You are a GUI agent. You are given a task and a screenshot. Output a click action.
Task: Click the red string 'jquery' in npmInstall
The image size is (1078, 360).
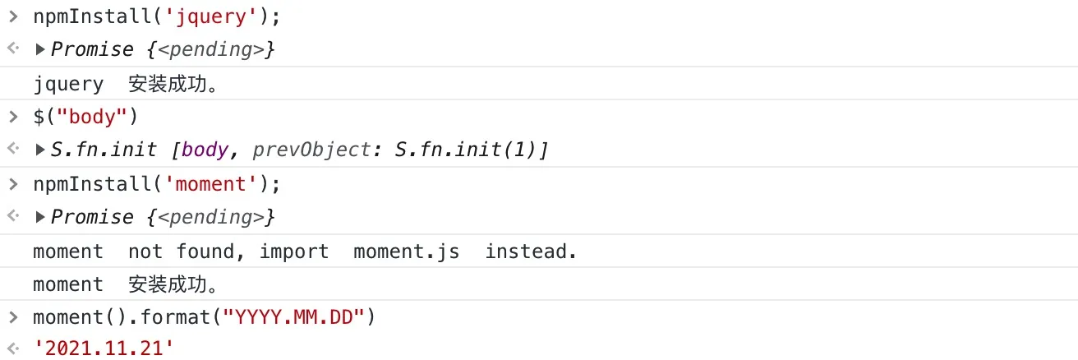pyautogui.click(x=211, y=17)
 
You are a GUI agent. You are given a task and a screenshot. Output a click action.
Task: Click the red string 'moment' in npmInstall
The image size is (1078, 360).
pyautogui.click(x=211, y=184)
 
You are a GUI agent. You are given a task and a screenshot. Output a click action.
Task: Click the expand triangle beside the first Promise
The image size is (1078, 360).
pyautogui.click(x=40, y=49)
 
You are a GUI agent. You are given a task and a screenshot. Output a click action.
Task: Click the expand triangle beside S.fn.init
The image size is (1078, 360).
pyautogui.click(x=40, y=150)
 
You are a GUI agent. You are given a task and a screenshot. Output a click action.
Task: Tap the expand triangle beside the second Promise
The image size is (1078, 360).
pyautogui.click(x=40, y=217)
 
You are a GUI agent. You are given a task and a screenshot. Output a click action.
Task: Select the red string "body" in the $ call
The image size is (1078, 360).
pyautogui.click(x=91, y=117)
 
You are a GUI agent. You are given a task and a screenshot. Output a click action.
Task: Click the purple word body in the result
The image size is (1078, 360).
pyautogui.click(x=205, y=150)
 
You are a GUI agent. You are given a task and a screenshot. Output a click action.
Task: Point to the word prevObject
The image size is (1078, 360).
pyautogui.click(x=312, y=150)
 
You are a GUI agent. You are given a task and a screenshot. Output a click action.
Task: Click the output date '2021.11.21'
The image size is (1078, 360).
pyautogui.click(x=104, y=348)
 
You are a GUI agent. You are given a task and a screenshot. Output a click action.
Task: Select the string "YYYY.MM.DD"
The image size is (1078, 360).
pyautogui.click(x=293, y=317)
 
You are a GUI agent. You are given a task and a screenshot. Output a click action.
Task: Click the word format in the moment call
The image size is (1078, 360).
pyautogui.click(x=175, y=317)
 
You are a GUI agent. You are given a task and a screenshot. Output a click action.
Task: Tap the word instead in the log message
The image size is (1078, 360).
pyautogui.click(x=526, y=252)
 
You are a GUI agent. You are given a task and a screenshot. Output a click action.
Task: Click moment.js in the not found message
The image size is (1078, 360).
pyautogui.click(x=407, y=252)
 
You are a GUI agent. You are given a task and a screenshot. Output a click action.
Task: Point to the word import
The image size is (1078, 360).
pyautogui.click(x=294, y=252)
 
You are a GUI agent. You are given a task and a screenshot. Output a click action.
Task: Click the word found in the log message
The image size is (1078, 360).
pyautogui.click(x=205, y=252)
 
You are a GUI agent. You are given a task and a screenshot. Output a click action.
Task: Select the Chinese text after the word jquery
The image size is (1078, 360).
pyautogui.click(x=173, y=84)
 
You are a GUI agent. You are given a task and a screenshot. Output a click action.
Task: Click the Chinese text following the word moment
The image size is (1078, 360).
pyautogui.click(x=173, y=284)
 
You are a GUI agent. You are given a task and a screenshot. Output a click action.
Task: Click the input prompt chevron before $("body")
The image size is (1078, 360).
pyautogui.click(x=13, y=117)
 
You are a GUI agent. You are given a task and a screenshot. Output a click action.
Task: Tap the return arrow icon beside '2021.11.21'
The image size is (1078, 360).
pyautogui.click(x=13, y=348)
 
